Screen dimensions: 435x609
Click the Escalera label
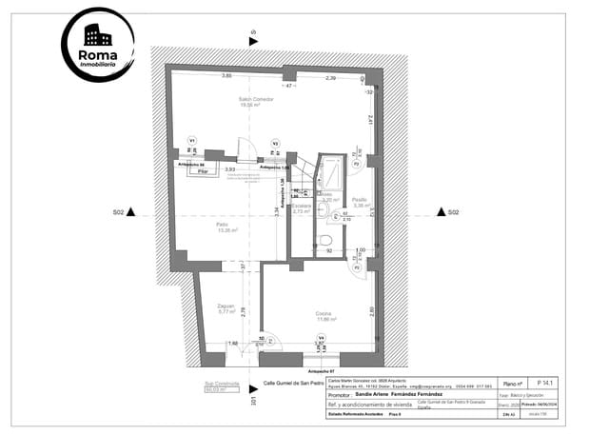(302, 208)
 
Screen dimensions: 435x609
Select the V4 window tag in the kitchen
(321, 338)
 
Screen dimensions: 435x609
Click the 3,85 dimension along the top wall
(227, 75)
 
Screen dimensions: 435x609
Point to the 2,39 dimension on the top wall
(330, 77)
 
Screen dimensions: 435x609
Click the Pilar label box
(203, 172)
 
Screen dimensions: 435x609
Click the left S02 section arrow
(132, 212)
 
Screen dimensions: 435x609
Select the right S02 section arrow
(442, 212)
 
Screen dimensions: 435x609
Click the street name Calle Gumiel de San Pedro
(297, 385)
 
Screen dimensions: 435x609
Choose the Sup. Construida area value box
(220, 389)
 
